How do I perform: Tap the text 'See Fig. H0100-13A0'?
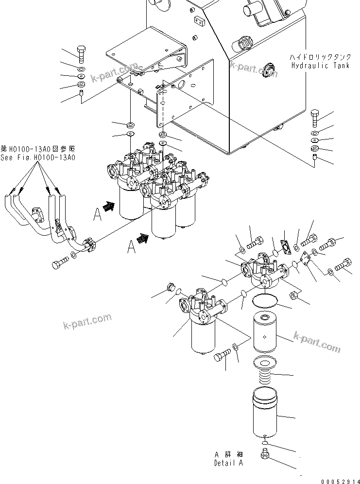click(x=37, y=157)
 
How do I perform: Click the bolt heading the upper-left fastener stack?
click(x=81, y=52)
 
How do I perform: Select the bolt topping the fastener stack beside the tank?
click(x=314, y=117)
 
